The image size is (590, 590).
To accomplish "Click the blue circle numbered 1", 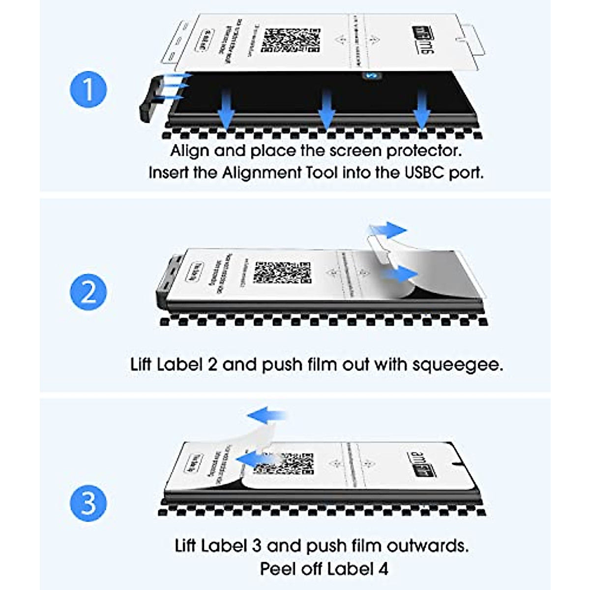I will click(x=88, y=90).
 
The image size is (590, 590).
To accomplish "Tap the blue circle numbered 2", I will click(x=88, y=292).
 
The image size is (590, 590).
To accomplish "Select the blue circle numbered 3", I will click(x=88, y=503).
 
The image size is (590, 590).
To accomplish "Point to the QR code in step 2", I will click(x=282, y=272).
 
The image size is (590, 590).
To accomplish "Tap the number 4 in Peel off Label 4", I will click(x=383, y=569).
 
